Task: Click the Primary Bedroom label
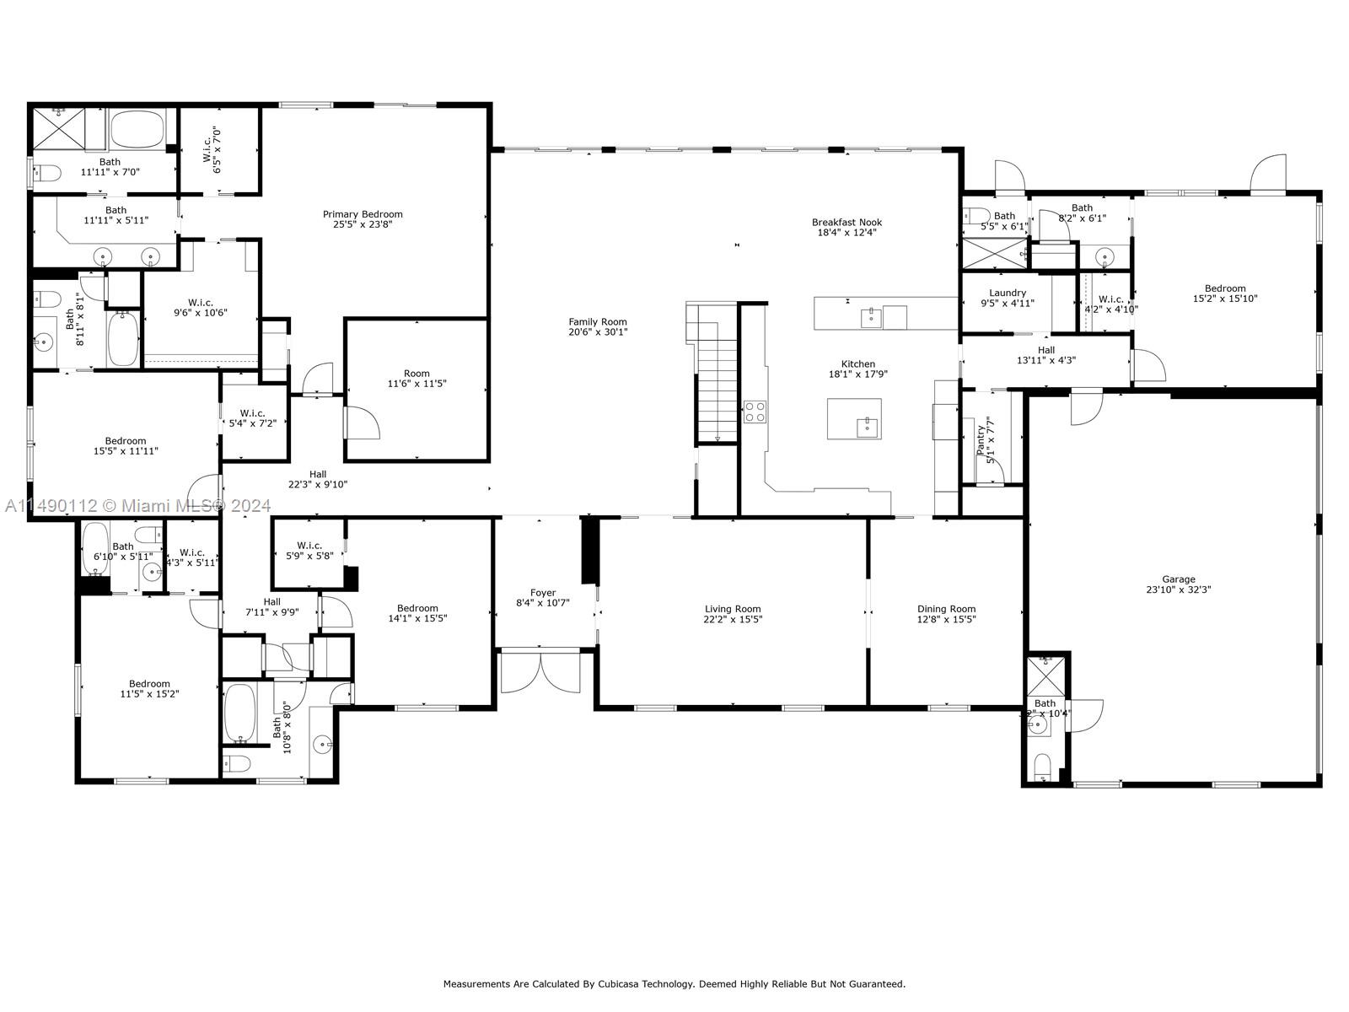363,214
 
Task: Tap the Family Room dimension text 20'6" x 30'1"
598,332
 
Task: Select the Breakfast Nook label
846,223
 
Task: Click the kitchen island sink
866,427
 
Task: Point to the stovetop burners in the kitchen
755,412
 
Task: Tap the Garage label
1179,579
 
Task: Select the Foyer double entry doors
540,672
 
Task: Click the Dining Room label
946,609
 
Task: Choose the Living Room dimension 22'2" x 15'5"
733,619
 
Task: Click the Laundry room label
1008,293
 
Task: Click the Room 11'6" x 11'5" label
417,373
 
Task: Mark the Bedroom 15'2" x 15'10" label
1225,288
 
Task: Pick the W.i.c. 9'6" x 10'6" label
201,302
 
